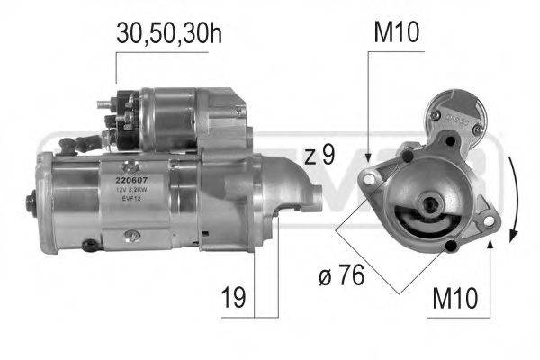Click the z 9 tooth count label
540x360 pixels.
point(319,155)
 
